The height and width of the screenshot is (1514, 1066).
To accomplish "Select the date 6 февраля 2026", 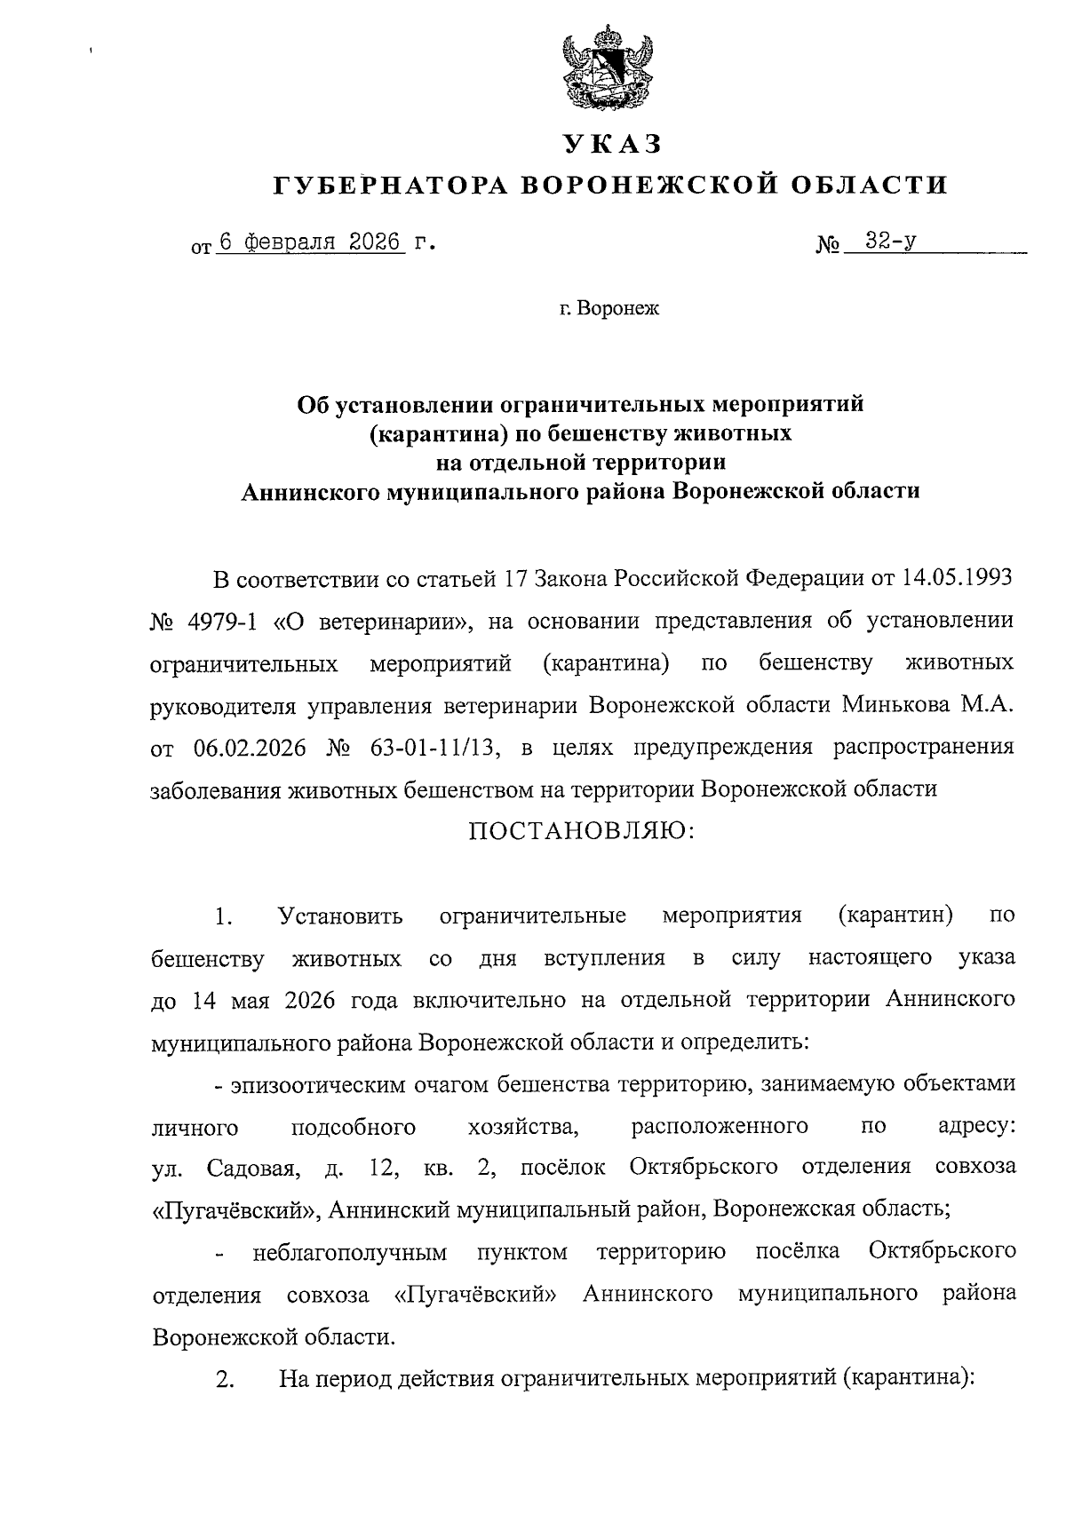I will tap(310, 242).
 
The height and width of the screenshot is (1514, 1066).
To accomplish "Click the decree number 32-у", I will tap(893, 241).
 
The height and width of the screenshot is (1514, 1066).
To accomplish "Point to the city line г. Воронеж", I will tap(610, 309).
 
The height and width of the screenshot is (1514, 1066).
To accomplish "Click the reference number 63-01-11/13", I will tap(428, 747).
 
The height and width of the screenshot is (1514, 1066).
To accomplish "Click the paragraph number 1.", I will tap(223, 916).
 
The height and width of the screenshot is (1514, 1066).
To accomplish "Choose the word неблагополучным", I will tap(349, 1253).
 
